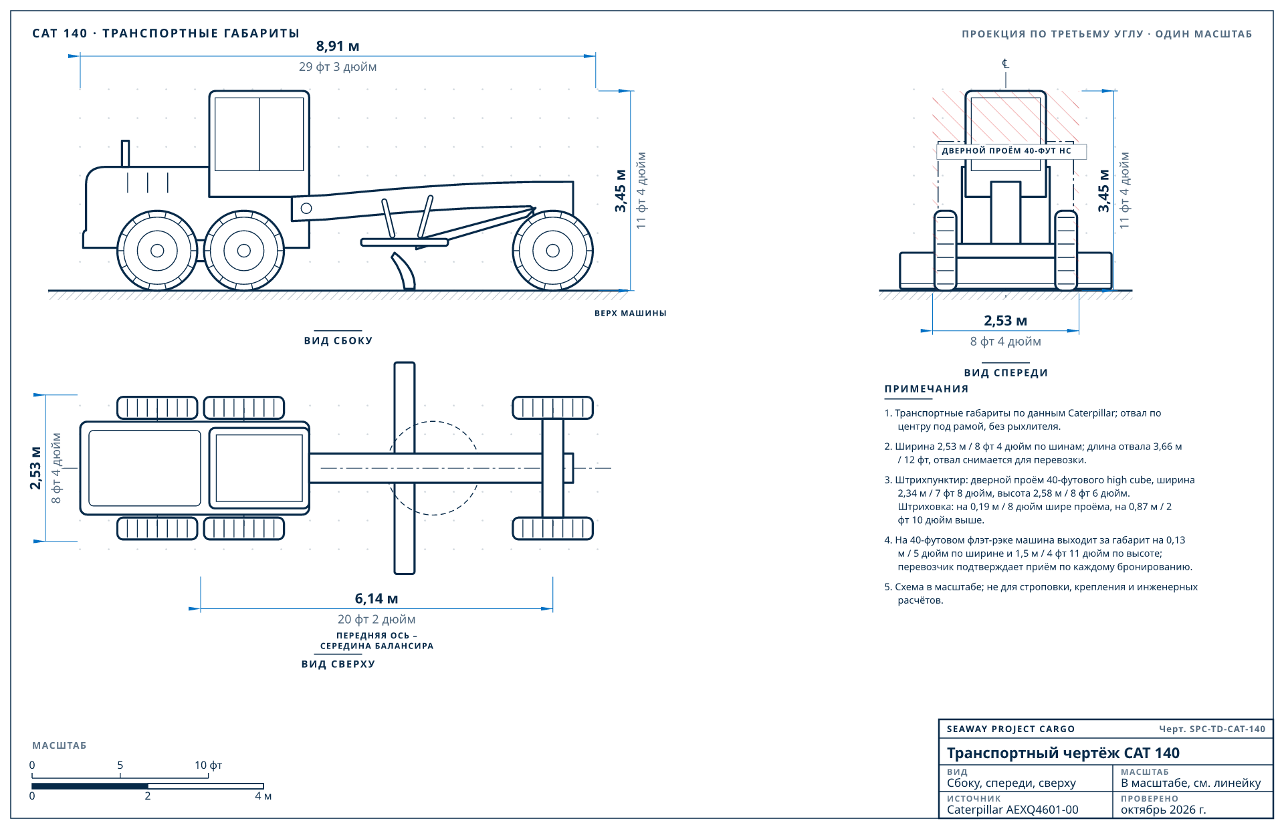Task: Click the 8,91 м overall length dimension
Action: point(338,46)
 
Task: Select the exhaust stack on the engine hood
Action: point(125,153)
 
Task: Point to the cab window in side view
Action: point(259,134)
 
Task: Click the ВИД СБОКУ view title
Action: point(338,341)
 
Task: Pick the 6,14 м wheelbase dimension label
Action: point(377,599)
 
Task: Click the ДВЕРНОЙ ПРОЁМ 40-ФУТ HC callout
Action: point(1006,151)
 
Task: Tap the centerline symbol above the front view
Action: point(1005,64)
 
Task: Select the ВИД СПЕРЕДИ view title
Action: point(1006,373)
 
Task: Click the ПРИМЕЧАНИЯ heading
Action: point(926,389)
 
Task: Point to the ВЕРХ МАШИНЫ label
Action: point(631,314)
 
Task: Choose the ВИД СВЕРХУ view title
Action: point(338,665)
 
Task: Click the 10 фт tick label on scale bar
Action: point(208,765)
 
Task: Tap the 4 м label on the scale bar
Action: point(263,796)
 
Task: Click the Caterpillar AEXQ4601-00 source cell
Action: point(1012,810)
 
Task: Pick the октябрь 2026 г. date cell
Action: point(1164,810)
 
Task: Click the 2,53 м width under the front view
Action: point(1005,321)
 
